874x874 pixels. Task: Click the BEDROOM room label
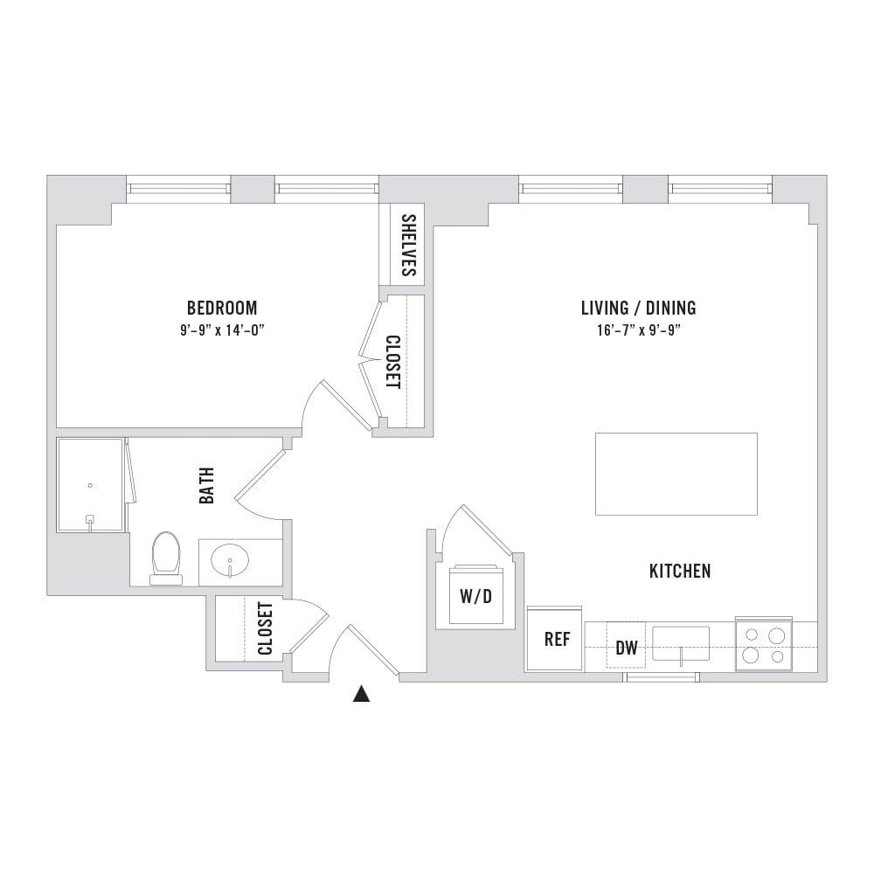[222, 308]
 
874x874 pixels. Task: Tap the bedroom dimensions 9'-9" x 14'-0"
[222, 330]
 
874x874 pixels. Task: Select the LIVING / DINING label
[638, 308]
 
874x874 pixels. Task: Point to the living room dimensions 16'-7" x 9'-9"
[638, 330]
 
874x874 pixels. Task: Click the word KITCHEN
[680, 571]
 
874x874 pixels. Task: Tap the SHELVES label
[409, 246]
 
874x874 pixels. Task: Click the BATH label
[207, 485]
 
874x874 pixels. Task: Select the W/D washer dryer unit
[476, 594]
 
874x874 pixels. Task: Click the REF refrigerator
[555, 639]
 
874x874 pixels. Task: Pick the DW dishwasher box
[626, 645]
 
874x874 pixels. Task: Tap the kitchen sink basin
[681, 643]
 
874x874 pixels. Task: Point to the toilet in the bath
[166, 558]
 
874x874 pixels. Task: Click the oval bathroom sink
[230, 561]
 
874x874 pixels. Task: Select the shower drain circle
[90, 485]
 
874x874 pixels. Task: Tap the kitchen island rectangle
[676, 474]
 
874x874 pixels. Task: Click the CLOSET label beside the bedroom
[393, 362]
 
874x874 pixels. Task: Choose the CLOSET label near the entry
[266, 628]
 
